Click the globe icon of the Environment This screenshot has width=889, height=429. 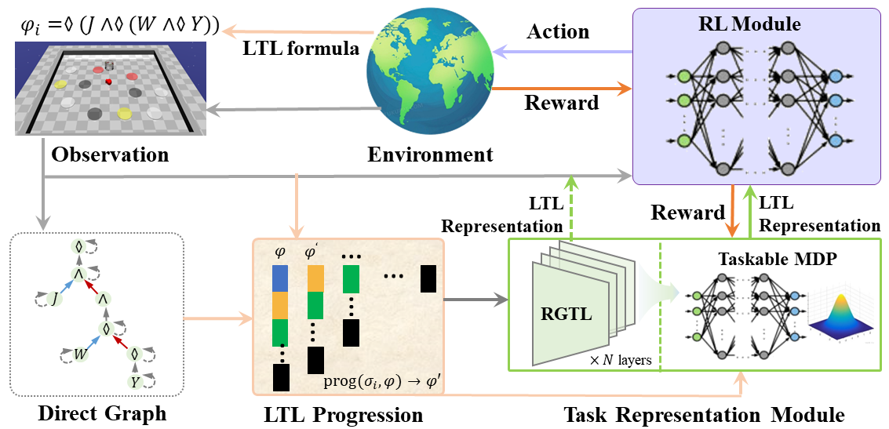[x=428, y=75]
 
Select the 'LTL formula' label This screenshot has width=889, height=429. [x=301, y=49]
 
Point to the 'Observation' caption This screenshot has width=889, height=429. [x=110, y=155]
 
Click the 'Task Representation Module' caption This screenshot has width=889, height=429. [x=703, y=413]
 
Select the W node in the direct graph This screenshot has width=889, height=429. [x=80, y=353]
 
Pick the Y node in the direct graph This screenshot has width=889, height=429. [x=134, y=382]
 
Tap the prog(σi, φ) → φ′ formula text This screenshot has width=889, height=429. [x=384, y=383]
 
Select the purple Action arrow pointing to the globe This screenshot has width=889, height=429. [x=561, y=52]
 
